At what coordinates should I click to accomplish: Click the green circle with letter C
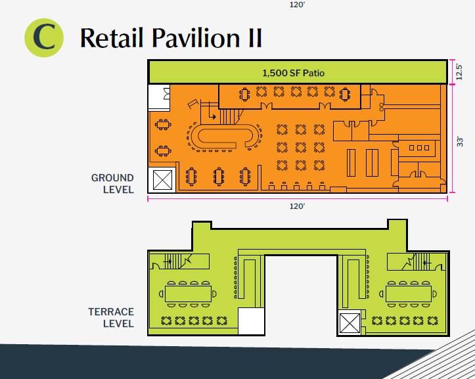44,38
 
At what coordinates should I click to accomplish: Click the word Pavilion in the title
196,38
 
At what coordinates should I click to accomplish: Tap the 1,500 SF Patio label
293,73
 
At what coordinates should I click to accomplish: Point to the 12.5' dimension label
459,72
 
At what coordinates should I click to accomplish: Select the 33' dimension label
459,142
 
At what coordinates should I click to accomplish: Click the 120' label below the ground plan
297,206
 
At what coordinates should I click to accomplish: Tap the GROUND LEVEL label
112,184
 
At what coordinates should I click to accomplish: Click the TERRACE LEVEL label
111,317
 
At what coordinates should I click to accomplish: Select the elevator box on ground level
162,180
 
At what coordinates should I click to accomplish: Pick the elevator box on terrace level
350,323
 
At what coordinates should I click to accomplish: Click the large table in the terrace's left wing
188,294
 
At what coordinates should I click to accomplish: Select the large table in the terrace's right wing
409,294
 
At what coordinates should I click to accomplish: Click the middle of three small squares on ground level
419,148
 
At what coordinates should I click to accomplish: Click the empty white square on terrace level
251,321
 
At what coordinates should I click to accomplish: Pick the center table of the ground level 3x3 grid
301,148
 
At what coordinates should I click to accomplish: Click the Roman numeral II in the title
255,38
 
